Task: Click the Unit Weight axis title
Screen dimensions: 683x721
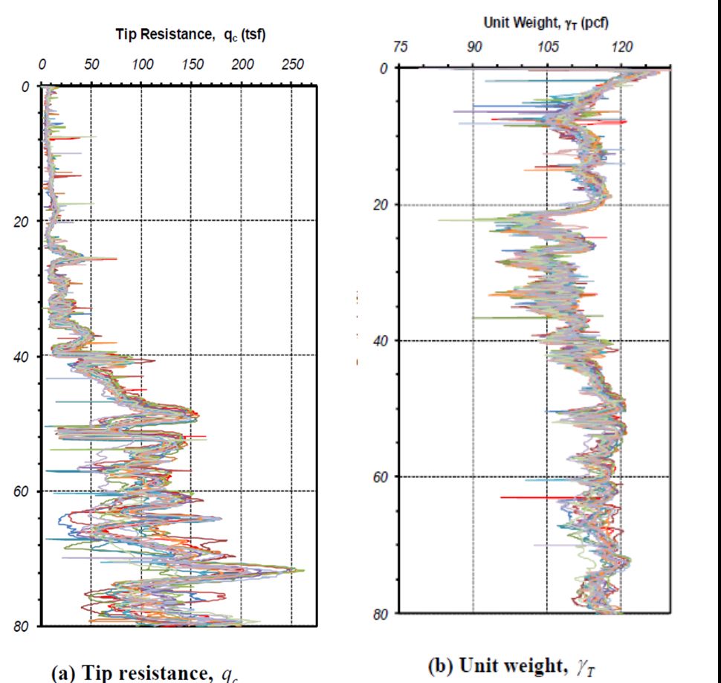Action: click(x=546, y=22)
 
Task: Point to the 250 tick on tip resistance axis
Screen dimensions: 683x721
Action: click(x=292, y=65)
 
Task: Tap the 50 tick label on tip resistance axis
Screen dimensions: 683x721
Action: click(x=91, y=65)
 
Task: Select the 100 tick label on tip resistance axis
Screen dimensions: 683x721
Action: click(x=142, y=65)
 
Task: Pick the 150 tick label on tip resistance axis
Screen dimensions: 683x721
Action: click(x=192, y=65)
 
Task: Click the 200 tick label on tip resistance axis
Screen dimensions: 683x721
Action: click(x=242, y=65)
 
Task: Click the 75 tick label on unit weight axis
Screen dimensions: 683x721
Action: click(x=400, y=48)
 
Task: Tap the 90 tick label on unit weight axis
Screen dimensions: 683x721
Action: click(x=474, y=48)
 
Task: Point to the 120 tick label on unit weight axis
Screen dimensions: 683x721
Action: click(x=621, y=48)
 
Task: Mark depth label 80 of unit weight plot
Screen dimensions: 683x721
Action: click(x=381, y=613)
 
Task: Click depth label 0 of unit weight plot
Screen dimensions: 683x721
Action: click(x=384, y=68)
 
